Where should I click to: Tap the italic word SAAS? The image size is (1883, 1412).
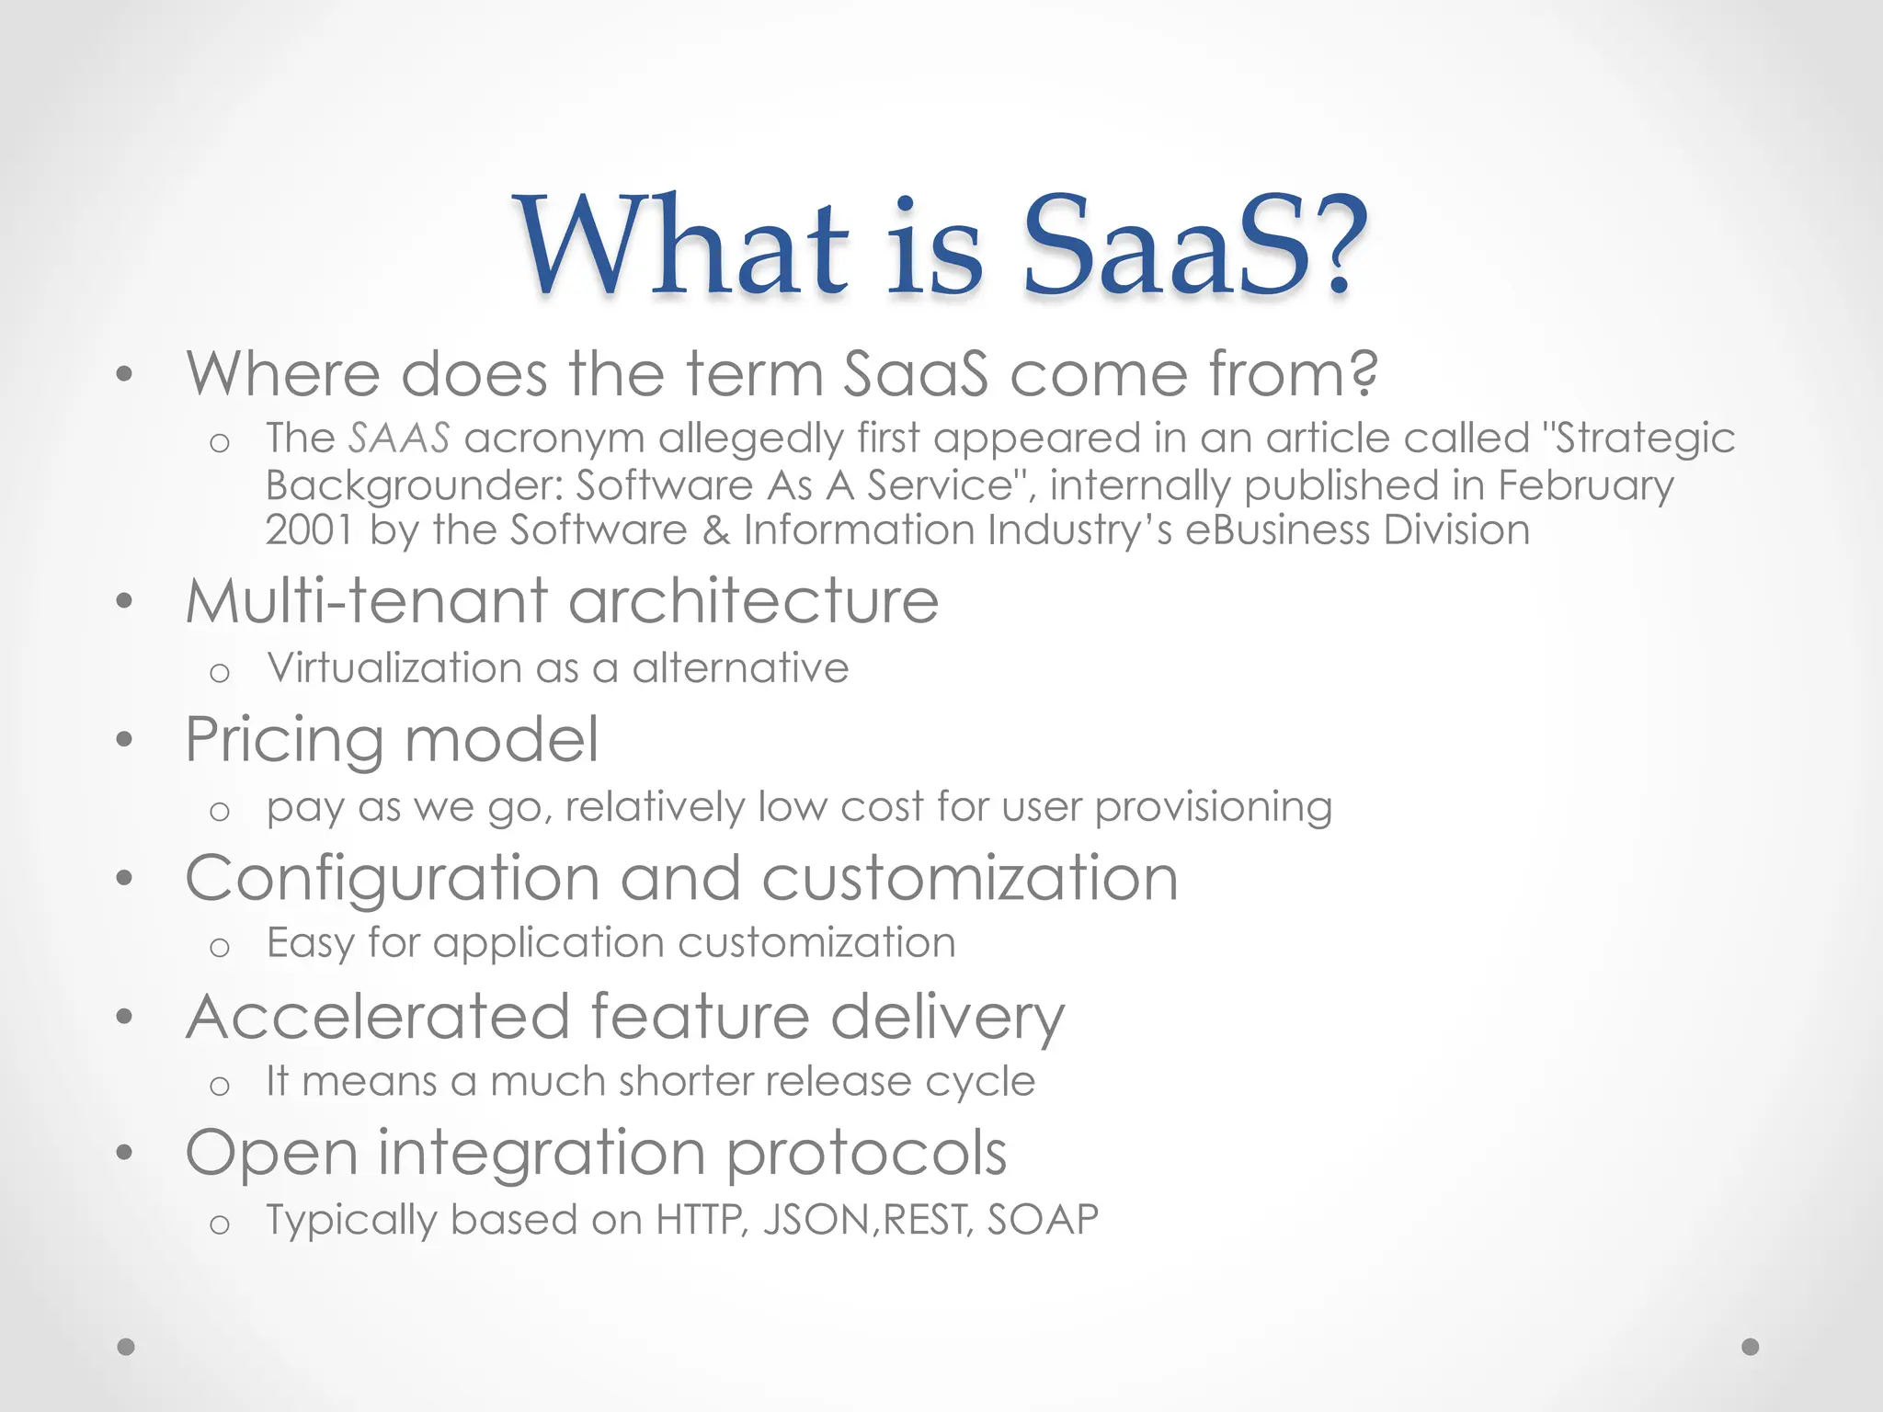click(x=399, y=438)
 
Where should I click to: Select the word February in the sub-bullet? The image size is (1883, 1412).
click(x=1585, y=485)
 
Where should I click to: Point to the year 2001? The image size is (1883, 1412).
click(x=309, y=530)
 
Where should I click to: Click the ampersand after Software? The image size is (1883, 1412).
click(x=715, y=530)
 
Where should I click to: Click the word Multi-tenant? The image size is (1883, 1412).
click(x=366, y=601)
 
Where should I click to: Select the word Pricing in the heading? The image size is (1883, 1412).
click(x=284, y=741)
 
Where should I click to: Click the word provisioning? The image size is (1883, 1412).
click(x=1213, y=808)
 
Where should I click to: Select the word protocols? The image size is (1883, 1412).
click(x=866, y=1154)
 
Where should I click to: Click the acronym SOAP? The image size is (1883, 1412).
click(x=1043, y=1220)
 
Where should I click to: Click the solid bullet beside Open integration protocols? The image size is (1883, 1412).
click(x=125, y=1153)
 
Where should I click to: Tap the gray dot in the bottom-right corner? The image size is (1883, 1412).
click(x=1751, y=1347)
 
